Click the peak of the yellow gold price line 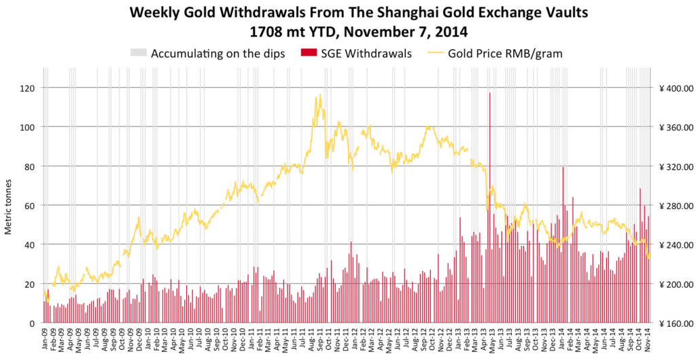pyautogui.click(x=319, y=94)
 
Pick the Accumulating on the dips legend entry pyautogui.click(x=207, y=54)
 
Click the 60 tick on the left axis pyautogui.click(x=31, y=205)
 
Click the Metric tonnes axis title pyautogui.click(x=8, y=206)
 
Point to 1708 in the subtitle pyautogui.click(x=265, y=32)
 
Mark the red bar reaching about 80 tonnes pyautogui.click(x=563, y=245)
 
